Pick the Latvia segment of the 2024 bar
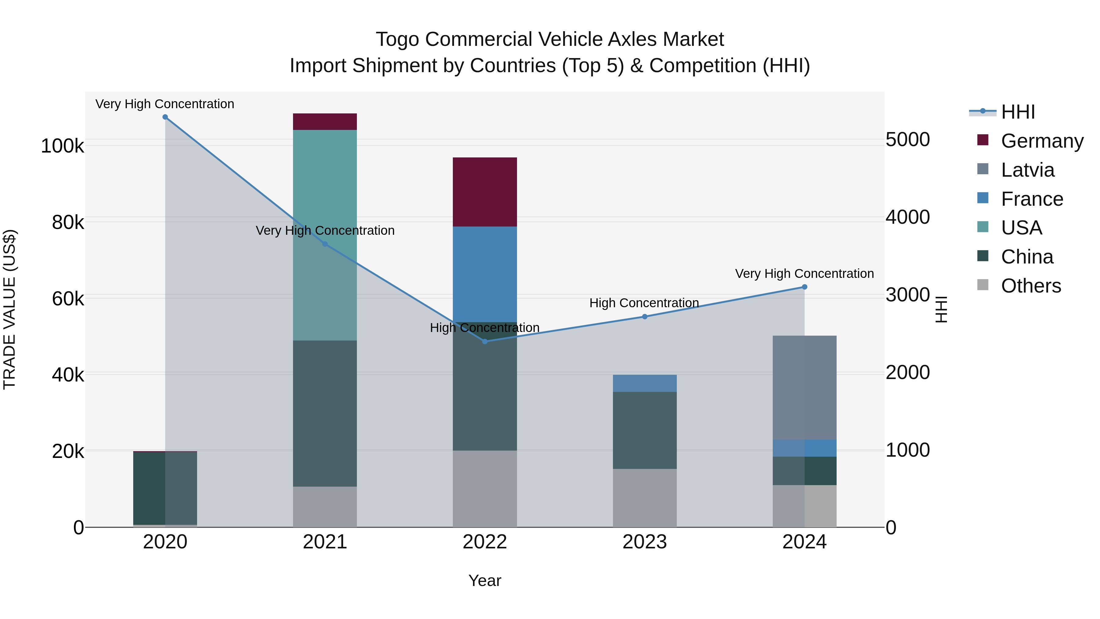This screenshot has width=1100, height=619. point(804,387)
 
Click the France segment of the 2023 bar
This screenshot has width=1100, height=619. point(644,383)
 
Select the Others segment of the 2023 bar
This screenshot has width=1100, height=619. point(644,498)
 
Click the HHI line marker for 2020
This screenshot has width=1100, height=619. point(165,117)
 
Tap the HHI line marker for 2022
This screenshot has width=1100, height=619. point(485,341)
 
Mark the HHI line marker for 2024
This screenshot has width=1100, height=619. point(805,287)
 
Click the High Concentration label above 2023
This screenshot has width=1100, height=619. point(644,303)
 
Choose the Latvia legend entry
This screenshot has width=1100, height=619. point(1027,170)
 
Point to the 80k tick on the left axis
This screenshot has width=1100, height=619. point(68,223)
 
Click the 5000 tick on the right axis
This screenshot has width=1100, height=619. point(908,140)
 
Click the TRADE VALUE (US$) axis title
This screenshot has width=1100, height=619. point(9,309)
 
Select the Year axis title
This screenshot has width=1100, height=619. point(485,580)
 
